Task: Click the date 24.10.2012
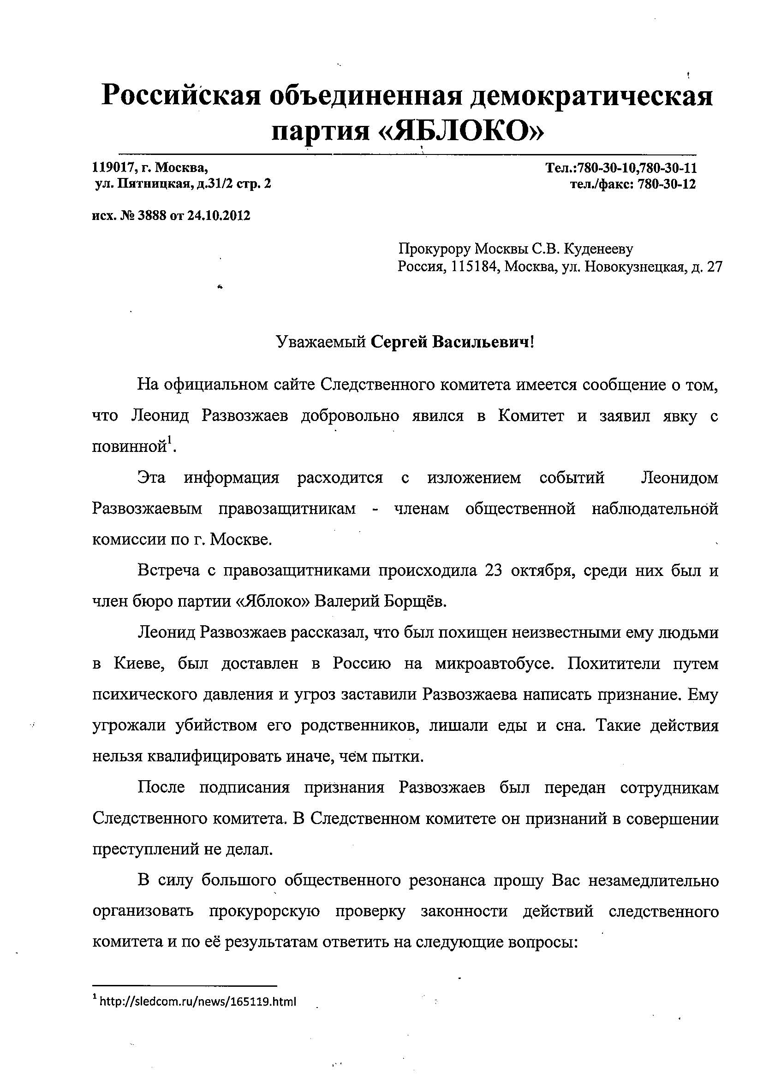(219, 216)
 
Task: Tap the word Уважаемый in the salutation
(321, 342)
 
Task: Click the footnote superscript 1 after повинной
(170, 440)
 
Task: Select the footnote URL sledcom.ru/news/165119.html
(197, 1002)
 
